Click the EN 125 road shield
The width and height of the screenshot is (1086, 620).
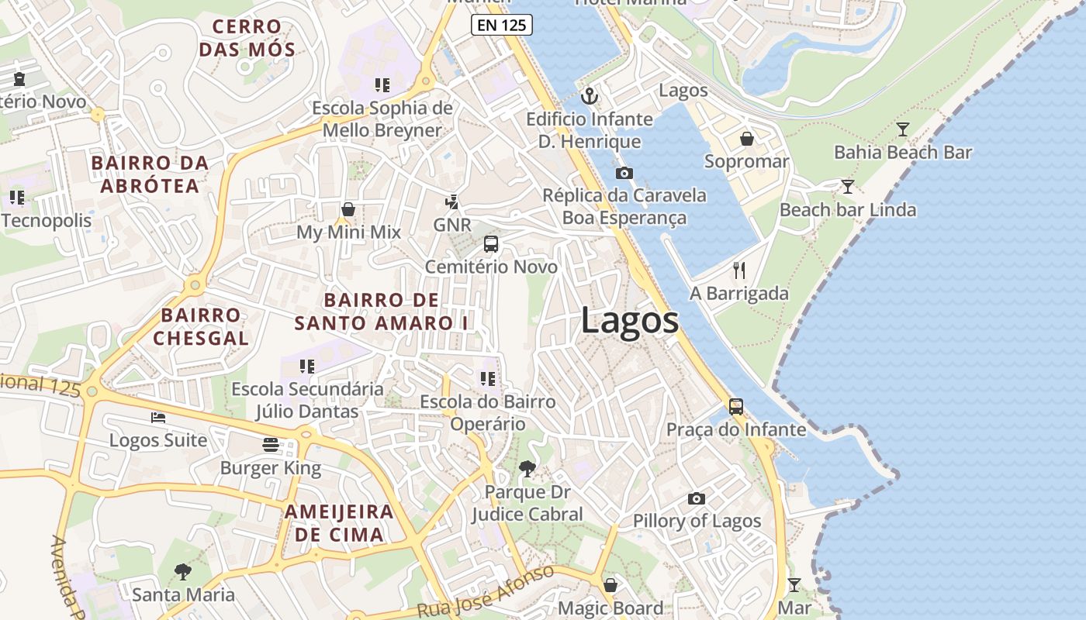[x=501, y=25]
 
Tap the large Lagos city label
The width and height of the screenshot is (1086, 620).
[x=629, y=321]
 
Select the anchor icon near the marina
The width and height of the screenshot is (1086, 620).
[x=590, y=97]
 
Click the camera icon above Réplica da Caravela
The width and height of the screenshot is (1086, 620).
[x=624, y=173]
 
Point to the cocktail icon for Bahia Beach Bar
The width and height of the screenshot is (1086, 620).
[x=902, y=129]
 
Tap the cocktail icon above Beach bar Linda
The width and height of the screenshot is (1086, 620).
[x=847, y=187]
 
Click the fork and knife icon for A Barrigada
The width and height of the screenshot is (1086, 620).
[x=739, y=270]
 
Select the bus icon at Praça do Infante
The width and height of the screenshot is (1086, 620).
[x=735, y=406]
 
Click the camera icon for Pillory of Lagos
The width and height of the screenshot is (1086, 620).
[x=697, y=498]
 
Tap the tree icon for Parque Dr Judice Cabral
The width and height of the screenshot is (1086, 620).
[x=527, y=469]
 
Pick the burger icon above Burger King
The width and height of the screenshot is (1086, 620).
[x=270, y=445]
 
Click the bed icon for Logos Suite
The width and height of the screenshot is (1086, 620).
[x=158, y=418]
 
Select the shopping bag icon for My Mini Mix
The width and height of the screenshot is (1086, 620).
[x=348, y=209]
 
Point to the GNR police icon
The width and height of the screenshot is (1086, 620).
[x=451, y=202]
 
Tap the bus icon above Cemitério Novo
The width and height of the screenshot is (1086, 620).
[x=490, y=244]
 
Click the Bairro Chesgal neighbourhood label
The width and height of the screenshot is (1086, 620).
[x=201, y=326]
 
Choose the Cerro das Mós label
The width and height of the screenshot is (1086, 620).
[x=247, y=38]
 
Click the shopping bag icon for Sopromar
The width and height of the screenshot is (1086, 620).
[x=746, y=139]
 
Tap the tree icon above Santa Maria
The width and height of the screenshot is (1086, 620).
[x=183, y=572]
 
